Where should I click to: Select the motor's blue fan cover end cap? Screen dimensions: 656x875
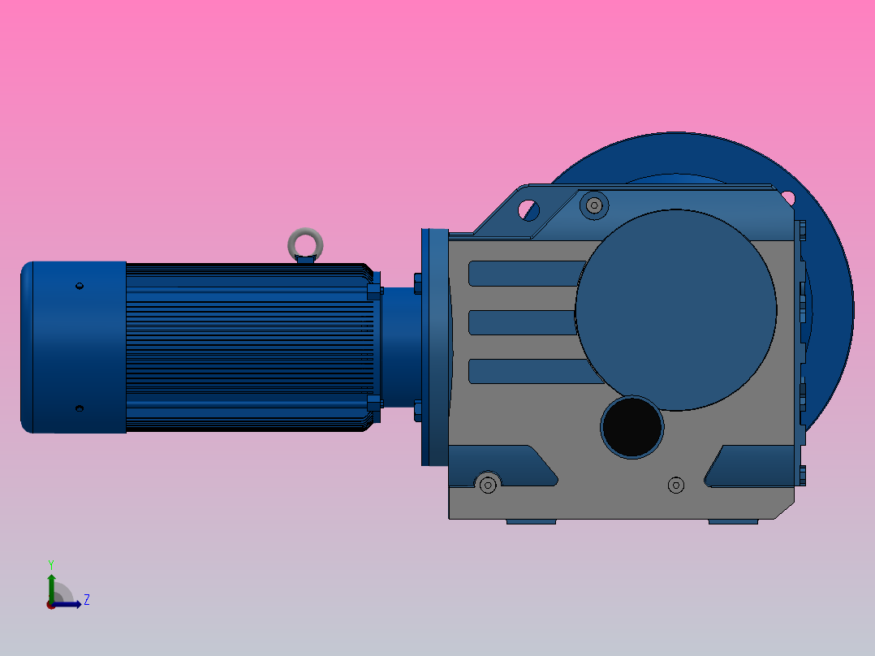tap(73, 347)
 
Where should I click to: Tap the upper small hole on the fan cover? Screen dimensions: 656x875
tap(79, 286)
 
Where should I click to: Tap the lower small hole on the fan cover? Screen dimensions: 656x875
tap(79, 408)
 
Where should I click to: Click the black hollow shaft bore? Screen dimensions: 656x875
tap(631, 427)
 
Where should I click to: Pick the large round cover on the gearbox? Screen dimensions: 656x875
tap(676, 310)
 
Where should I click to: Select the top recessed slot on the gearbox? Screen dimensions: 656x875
tap(524, 274)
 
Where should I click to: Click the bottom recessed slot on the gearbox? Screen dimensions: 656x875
tap(528, 372)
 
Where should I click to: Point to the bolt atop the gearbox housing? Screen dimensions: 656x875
tap(594, 205)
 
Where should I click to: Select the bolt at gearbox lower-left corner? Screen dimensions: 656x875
tap(488, 484)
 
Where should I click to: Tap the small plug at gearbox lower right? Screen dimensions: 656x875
tap(675, 485)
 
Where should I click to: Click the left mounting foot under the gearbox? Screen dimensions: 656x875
tap(531, 521)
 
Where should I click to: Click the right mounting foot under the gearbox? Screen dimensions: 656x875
tap(733, 521)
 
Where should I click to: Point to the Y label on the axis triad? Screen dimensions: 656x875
tap(50, 563)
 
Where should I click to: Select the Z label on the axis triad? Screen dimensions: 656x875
tap(87, 600)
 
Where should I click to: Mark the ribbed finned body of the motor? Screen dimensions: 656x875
tap(248, 347)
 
